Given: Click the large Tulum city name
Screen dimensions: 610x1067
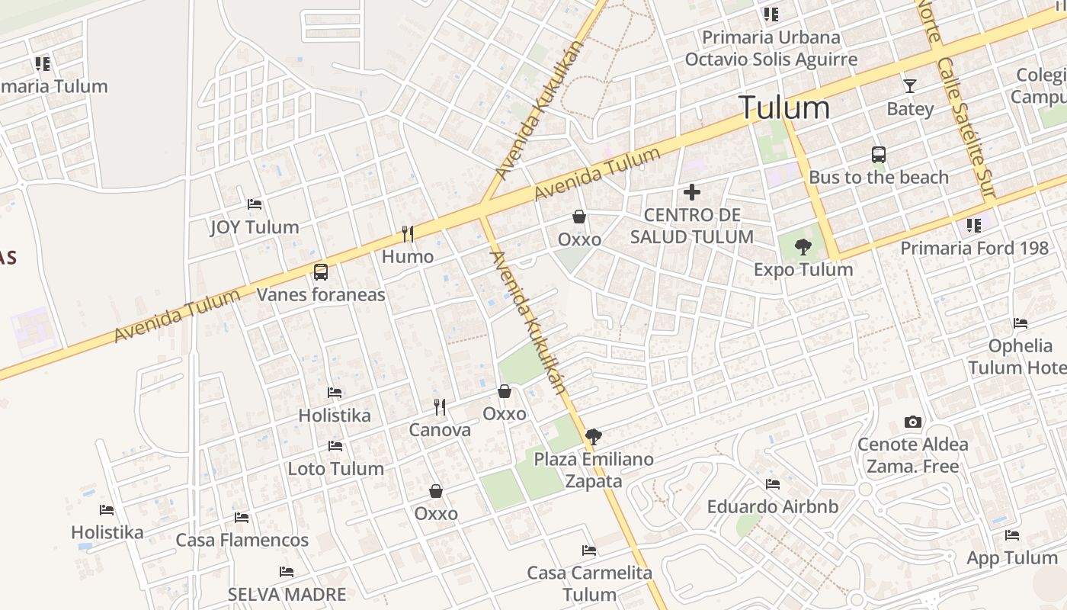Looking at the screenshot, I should (x=784, y=108).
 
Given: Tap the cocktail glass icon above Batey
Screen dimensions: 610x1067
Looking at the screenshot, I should (x=909, y=85).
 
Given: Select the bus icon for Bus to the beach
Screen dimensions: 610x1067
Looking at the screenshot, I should (x=879, y=155).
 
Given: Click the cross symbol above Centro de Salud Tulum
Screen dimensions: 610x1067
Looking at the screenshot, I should (x=692, y=192).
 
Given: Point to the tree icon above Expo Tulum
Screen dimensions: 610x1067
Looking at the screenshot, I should (x=803, y=246).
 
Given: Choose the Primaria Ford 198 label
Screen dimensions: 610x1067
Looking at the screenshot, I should (x=975, y=248).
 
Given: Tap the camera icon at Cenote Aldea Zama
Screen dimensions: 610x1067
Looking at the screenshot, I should (x=912, y=422).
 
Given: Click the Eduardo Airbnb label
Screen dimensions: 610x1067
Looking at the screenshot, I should (x=773, y=506).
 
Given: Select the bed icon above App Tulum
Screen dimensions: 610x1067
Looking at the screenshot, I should (x=1012, y=535).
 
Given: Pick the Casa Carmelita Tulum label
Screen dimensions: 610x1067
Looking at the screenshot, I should (x=589, y=583).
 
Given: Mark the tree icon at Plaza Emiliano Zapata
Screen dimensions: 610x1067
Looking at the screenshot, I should (x=593, y=437).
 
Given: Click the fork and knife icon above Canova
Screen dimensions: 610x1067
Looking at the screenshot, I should (x=440, y=407).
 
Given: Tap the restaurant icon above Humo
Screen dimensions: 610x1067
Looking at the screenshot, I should (x=408, y=233).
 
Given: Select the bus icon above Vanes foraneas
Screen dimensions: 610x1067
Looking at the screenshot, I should (x=321, y=271).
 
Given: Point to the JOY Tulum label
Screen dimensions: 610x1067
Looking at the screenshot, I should (x=255, y=227).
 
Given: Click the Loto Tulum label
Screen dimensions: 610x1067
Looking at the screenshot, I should (x=335, y=468).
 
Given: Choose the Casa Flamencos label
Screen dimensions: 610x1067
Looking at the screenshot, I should (x=242, y=540).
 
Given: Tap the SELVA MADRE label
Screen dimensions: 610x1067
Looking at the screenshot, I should (x=287, y=594).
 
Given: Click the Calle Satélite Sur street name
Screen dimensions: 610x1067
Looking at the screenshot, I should (x=966, y=130).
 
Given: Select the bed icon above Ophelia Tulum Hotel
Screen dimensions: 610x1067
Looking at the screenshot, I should (x=1020, y=323).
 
